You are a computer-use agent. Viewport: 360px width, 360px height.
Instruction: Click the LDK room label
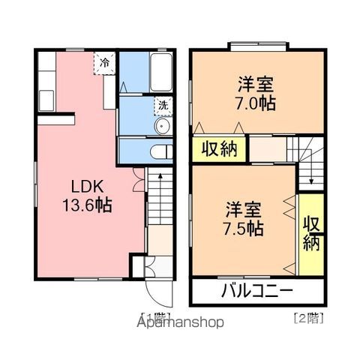[x=87, y=187]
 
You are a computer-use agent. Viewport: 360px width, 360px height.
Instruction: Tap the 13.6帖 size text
[x=87, y=205]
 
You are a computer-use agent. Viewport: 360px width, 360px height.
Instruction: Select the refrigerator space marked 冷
[x=105, y=63]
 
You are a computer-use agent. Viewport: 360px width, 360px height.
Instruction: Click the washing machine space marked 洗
[x=163, y=106]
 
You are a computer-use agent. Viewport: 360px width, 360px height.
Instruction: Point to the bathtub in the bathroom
[x=161, y=72]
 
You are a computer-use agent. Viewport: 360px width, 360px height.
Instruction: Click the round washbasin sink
[x=162, y=126]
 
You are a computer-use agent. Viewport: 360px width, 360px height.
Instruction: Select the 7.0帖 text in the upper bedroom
[x=255, y=103]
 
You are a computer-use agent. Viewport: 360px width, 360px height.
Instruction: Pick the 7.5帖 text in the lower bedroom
[x=243, y=228]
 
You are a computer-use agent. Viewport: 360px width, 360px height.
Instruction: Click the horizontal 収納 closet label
[x=219, y=149]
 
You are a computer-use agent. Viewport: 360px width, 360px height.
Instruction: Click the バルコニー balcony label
[x=257, y=291]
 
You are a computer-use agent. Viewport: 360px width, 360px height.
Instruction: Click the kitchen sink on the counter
[x=46, y=100]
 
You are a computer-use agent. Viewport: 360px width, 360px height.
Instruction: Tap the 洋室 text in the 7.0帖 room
[x=255, y=85]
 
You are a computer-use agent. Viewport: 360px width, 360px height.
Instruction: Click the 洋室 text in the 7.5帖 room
[x=243, y=210]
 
